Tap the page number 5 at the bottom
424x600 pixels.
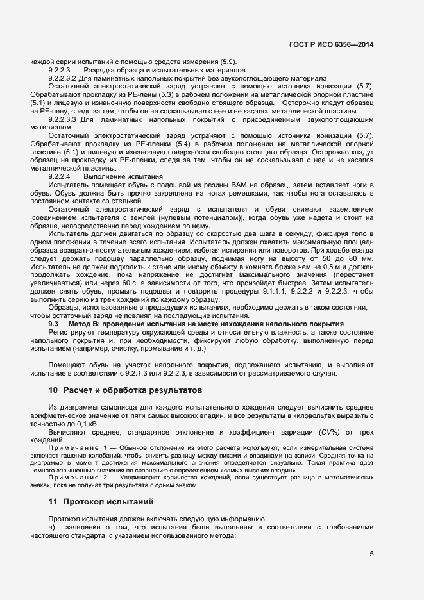point(371,554)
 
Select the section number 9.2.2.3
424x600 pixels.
point(58,69)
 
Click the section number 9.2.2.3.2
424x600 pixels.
point(63,78)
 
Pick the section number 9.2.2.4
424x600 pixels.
point(58,176)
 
